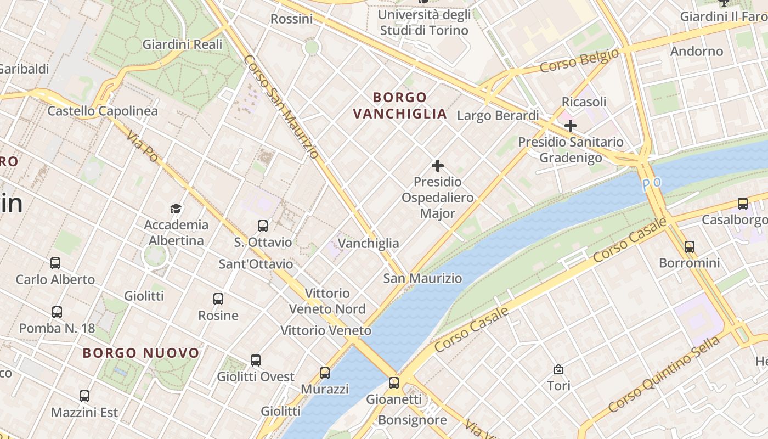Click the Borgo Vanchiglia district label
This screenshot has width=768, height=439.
click(400, 105)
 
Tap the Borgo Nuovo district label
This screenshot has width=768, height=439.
click(141, 353)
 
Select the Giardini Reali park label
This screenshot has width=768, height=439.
click(183, 44)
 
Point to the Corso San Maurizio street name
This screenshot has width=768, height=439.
click(280, 107)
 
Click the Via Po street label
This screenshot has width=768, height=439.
click(142, 147)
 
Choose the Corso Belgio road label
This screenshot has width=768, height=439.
click(579, 60)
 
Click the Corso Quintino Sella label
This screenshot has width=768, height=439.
click(664, 375)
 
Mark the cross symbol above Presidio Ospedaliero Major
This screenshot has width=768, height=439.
click(437, 165)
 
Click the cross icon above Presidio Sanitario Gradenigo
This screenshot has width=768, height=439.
click(571, 125)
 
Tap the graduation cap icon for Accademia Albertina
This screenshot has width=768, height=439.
click(176, 209)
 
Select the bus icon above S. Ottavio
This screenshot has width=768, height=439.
click(263, 226)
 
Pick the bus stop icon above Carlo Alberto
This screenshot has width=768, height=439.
click(55, 263)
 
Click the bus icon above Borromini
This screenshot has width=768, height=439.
click(689, 246)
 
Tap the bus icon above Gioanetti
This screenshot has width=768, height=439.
click(394, 382)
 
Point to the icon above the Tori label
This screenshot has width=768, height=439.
click(558, 369)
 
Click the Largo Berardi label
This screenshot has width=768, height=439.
click(498, 116)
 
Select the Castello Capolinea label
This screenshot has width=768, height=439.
click(103, 111)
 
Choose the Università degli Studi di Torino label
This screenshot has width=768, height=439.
click(424, 22)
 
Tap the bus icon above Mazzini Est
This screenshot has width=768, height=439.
click(84, 396)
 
